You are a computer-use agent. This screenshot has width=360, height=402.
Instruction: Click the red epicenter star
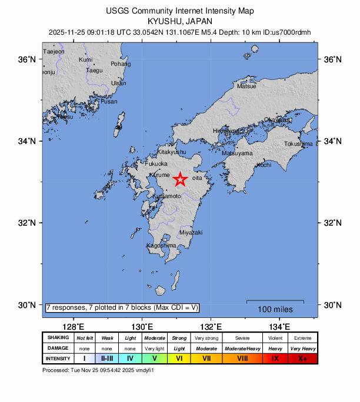180,179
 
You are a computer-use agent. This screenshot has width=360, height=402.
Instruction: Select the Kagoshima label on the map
161,245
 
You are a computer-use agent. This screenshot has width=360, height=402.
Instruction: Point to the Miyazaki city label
191,233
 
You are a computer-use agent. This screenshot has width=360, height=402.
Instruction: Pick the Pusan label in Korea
109,102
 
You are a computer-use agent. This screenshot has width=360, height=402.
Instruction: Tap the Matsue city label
246,86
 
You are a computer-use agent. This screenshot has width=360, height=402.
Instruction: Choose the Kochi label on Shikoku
264,165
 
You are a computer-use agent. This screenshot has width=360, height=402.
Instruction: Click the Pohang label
121,64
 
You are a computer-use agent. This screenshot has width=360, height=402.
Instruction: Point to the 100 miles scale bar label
275,309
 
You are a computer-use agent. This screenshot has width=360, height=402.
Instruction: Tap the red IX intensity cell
275,358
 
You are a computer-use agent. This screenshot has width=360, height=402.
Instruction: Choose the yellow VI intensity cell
179,358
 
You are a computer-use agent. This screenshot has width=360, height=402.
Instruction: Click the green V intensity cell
155,358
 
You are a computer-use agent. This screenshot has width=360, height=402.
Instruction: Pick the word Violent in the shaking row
275,338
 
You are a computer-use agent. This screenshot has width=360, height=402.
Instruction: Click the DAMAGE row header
58,348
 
